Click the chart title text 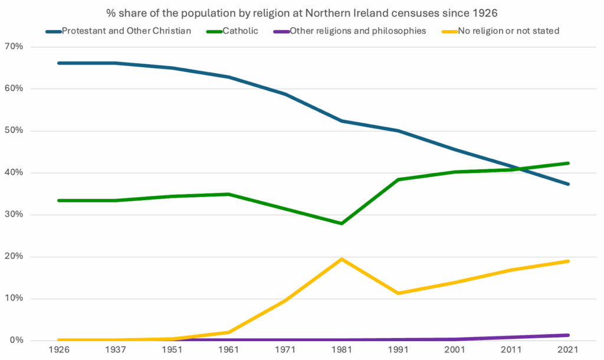click(301, 12)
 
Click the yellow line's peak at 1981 click(342, 259)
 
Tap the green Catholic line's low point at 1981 click(342, 224)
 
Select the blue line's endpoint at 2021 click(567, 184)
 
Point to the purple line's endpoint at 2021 click(567, 335)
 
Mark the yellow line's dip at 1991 click(398, 293)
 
